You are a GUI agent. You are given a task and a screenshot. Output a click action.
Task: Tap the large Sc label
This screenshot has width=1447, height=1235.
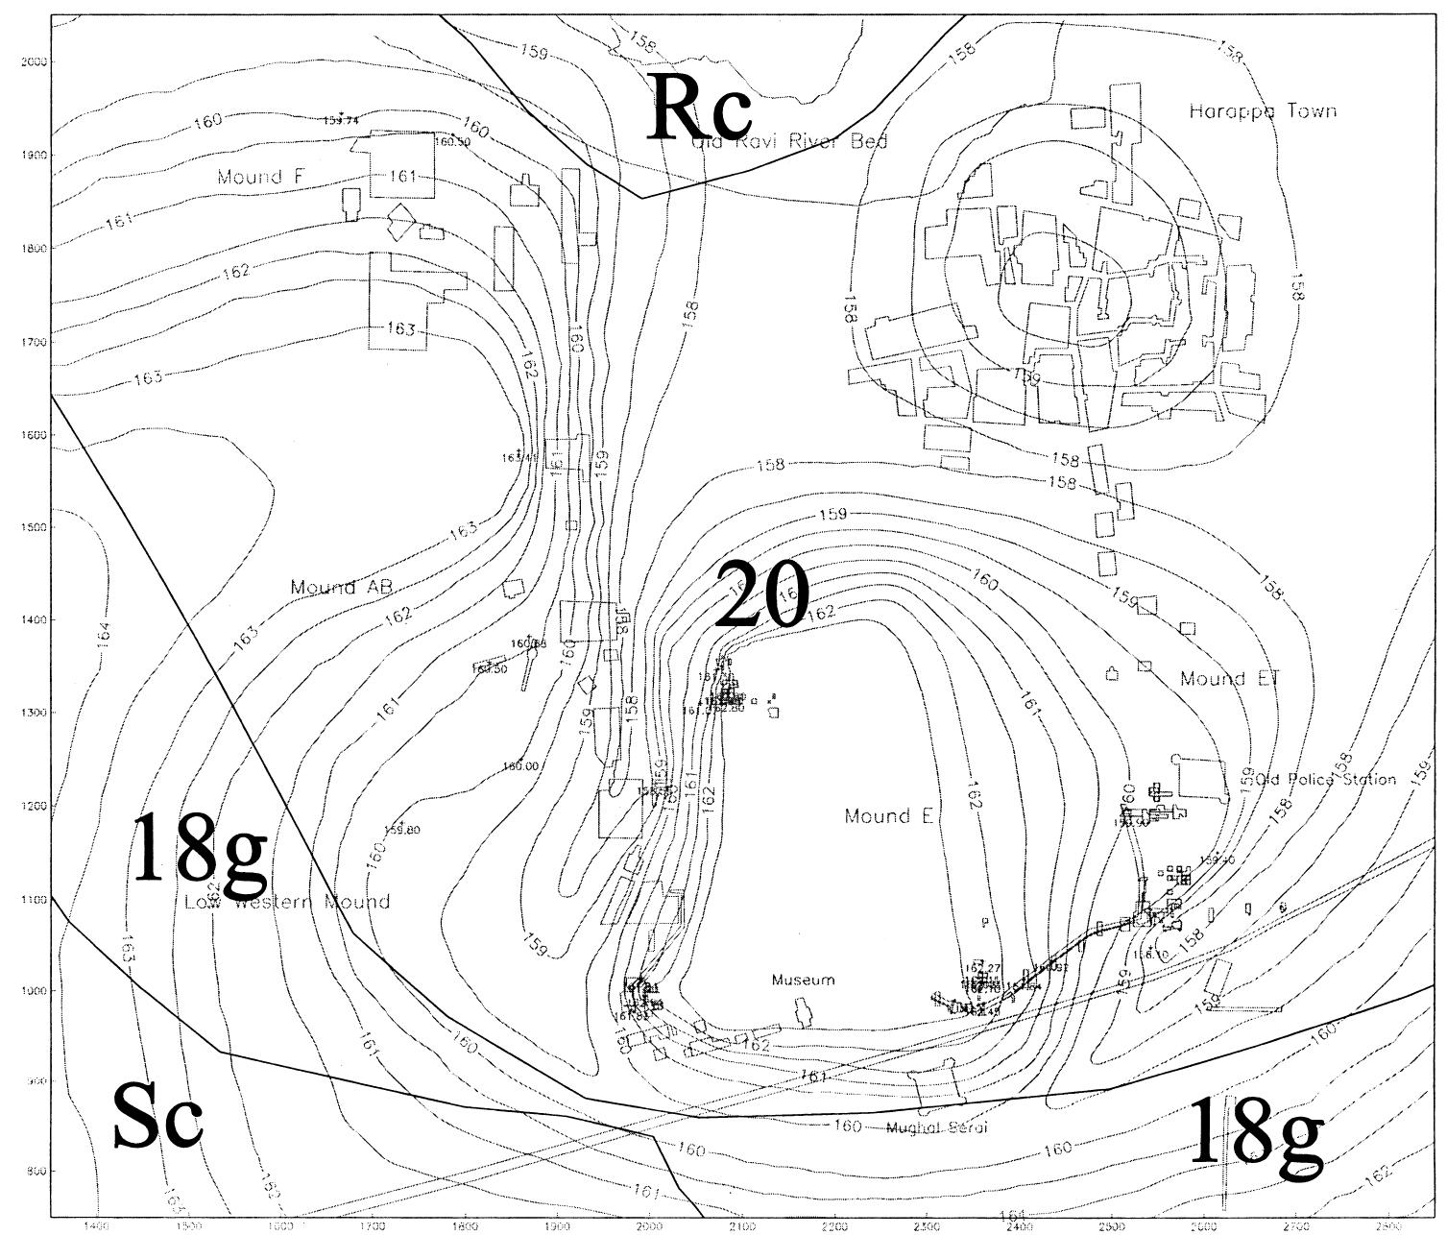point(158,1116)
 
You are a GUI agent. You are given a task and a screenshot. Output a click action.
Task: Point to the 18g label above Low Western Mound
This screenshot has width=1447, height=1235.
point(199,847)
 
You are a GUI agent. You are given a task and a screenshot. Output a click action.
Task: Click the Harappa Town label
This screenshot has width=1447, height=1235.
point(1263,111)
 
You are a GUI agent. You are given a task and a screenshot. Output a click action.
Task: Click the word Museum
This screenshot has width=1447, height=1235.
point(804,981)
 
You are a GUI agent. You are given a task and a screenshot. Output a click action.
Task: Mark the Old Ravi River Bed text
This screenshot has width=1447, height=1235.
point(789,142)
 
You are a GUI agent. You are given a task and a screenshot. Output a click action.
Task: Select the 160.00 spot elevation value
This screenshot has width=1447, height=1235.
point(520,766)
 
